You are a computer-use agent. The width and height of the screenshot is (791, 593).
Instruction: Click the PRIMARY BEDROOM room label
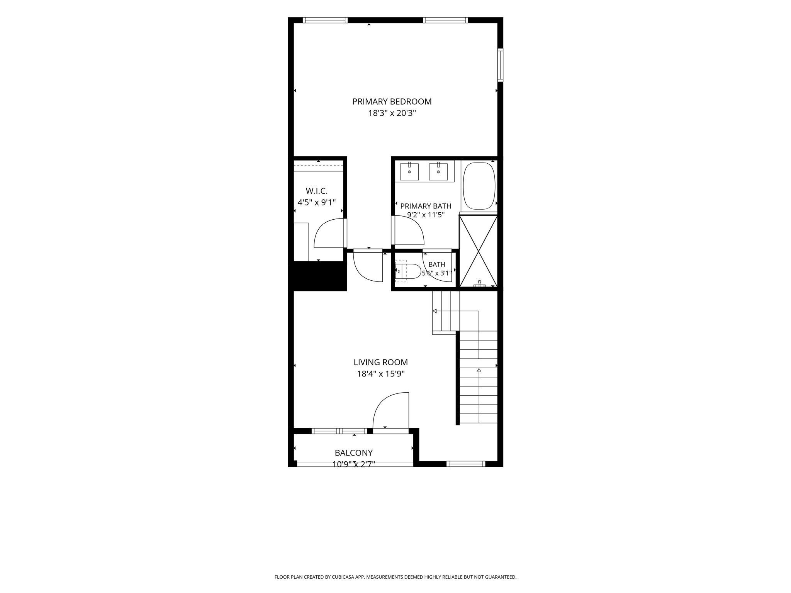(x=392, y=102)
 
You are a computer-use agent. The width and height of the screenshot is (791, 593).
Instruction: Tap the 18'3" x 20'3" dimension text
(x=392, y=114)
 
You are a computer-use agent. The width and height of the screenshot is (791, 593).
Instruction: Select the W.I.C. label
(x=317, y=191)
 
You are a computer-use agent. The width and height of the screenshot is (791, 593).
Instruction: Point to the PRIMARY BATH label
(x=426, y=206)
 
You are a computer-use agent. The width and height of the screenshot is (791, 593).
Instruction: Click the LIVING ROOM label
(x=381, y=362)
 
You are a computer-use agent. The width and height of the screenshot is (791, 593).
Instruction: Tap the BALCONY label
(x=354, y=452)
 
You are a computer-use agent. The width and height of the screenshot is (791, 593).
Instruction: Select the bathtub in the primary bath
(x=479, y=186)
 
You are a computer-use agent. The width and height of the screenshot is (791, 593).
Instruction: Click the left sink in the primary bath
(x=409, y=172)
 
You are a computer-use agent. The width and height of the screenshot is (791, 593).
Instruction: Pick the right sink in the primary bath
(x=438, y=172)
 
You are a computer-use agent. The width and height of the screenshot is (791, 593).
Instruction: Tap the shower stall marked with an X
(x=479, y=251)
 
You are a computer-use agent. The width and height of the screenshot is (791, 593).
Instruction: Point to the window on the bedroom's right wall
(x=500, y=65)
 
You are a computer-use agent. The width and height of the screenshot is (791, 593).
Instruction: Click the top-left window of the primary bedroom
(x=325, y=20)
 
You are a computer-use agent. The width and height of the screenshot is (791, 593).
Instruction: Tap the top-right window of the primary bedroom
(x=446, y=20)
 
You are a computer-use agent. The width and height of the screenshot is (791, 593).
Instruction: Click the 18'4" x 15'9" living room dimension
(x=381, y=374)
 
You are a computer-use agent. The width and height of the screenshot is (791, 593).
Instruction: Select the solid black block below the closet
(x=317, y=276)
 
